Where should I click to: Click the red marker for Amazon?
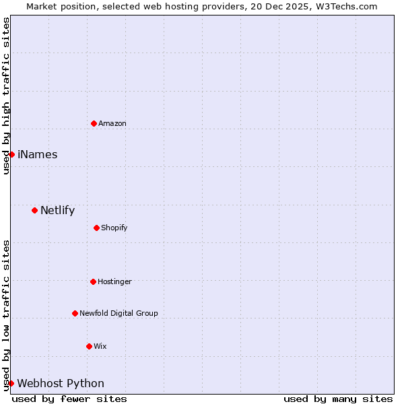[x=94, y=123]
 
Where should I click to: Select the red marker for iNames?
[x=11, y=154]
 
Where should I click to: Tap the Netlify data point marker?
[x=34, y=210]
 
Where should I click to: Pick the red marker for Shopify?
[x=96, y=228]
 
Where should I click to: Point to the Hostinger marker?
[x=93, y=281]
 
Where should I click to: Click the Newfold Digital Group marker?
[x=75, y=313]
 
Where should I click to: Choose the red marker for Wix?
[x=89, y=346]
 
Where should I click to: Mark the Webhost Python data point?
[x=11, y=383]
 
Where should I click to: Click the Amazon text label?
[x=112, y=123]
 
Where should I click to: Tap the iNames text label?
[x=38, y=154]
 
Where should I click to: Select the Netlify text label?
[x=58, y=210]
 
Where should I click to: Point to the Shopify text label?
[x=114, y=228]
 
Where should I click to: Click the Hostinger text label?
[x=115, y=281]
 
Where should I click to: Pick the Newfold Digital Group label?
[x=119, y=313]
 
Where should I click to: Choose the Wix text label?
[x=100, y=346]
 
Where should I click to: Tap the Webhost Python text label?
[x=61, y=383]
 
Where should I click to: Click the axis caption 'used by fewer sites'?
[x=69, y=399]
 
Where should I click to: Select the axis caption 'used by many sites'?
[x=338, y=399]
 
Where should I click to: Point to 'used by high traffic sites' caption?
[x=6, y=96]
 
